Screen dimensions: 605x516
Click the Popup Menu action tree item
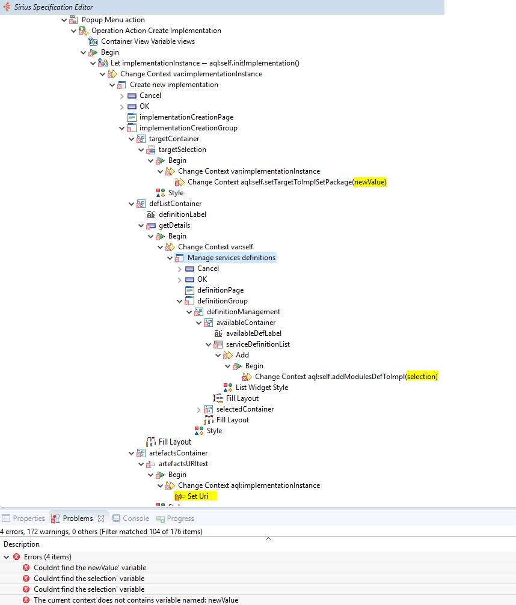coord(113,20)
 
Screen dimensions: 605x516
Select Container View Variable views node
coord(147,41)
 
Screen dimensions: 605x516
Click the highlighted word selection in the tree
coord(422,377)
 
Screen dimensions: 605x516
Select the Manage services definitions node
coord(231,258)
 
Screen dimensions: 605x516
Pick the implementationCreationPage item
coord(186,117)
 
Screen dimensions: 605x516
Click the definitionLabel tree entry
coord(182,214)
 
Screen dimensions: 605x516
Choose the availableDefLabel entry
coord(253,333)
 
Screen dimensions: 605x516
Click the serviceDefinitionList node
coord(257,344)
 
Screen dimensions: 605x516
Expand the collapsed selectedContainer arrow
coord(199,409)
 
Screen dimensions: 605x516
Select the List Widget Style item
coord(262,388)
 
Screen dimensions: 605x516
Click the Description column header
coord(22,544)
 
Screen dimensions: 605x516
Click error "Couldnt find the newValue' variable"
coord(89,568)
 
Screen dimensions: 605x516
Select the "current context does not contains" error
coord(135,600)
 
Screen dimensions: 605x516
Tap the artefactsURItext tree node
coord(183,464)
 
